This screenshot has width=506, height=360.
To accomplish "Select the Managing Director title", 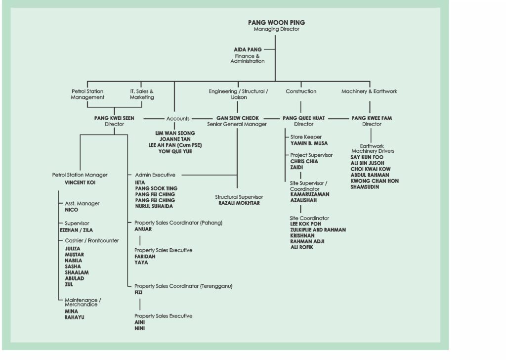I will coord(276,29).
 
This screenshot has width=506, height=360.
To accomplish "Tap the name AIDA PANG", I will coord(248,49).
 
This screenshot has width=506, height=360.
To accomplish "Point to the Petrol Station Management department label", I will coord(88,94).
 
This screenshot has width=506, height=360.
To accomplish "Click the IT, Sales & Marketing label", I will coord(142,94).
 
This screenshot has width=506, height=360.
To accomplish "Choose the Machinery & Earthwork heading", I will coord(369,91).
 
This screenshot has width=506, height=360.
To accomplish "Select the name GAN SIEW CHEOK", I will coord(237,118).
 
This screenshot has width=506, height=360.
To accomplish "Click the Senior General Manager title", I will coord(237,124).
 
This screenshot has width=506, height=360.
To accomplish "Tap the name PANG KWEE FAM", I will coord(371,118).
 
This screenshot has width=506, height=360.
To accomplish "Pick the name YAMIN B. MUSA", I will coord(309,143).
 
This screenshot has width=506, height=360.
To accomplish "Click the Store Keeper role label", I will coord(306,137).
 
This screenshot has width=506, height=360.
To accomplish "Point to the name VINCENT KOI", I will coord(80,182).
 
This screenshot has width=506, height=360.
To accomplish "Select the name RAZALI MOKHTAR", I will coord(239,203).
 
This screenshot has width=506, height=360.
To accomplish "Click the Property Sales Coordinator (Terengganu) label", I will coord(183,286).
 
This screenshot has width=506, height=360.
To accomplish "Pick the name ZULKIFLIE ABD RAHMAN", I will coord(318,230).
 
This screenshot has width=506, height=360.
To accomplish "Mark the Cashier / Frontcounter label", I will coord(91,240).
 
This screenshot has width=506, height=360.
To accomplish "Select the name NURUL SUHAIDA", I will coord(154,206).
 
